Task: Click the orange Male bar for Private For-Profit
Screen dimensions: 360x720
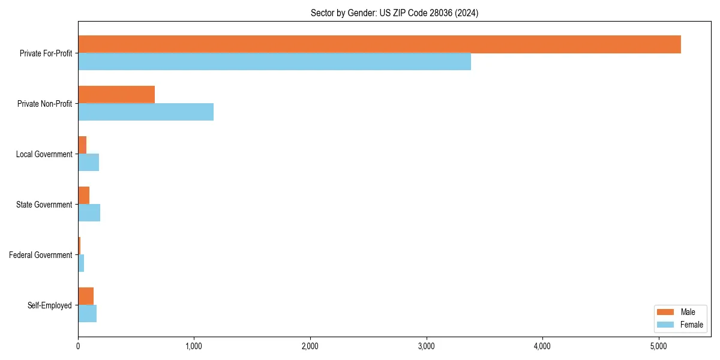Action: pyautogui.click(x=379, y=44)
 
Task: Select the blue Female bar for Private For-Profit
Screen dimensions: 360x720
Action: pyautogui.click(x=274, y=62)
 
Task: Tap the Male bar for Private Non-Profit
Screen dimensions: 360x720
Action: pyautogui.click(x=116, y=95)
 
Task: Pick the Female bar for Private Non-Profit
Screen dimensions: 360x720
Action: pyautogui.click(x=146, y=112)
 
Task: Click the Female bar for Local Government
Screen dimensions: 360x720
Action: pyautogui.click(x=88, y=163)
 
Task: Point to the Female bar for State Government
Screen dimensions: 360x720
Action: pyautogui.click(x=89, y=213)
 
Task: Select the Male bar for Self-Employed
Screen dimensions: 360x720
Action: pyautogui.click(x=86, y=296)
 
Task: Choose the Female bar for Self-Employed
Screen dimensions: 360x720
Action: pyautogui.click(x=87, y=314)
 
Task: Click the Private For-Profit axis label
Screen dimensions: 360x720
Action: pyautogui.click(x=46, y=53)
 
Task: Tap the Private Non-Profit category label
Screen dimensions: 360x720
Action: pyautogui.click(x=44, y=104)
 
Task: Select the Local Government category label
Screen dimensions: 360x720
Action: pyautogui.click(x=44, y=154)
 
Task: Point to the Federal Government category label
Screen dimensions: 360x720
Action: pyautogui.click(x=40, y=255)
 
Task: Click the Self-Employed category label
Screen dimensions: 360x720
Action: pyautogui.click(x=49, y=305)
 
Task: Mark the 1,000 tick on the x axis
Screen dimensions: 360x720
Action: pyautogui.click(x=194, y=346)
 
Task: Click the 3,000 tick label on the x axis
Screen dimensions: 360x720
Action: pyautogui.click(x=426, y=346)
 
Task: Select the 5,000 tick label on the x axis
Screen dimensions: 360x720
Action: pyautogui.click(x=658, y=346)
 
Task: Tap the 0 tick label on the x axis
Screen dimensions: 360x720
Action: pyautogui.click(x=78, y=346)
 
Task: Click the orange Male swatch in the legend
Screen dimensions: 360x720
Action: pyautogui.click(x=665, y=312)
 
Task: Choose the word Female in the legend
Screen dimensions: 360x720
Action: pyautogui.click(x=692, y=325)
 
